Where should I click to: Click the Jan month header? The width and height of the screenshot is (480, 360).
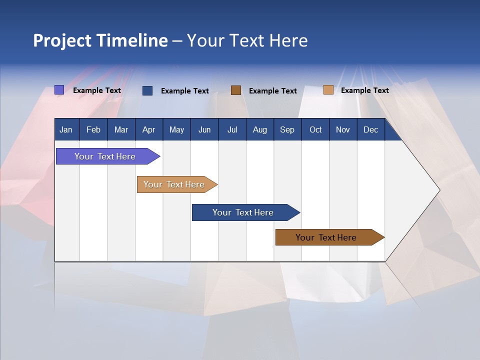pos(66,129)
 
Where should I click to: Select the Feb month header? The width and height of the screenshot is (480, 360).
pos(93,129)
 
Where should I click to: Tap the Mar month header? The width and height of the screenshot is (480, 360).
pos(121,129)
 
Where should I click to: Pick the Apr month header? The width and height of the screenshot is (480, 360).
pos(149,129)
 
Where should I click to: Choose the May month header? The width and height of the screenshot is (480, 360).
pos(176,129)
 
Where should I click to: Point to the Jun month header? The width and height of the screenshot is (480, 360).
pos(204,129)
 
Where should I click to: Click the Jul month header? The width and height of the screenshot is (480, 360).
pos(232,129)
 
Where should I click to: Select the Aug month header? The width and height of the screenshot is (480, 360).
pos(260,129)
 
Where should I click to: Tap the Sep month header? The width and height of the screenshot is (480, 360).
pos(287,129)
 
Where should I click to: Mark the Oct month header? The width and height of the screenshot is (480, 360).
pos(315,129)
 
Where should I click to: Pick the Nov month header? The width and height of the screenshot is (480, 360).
pos(343,129)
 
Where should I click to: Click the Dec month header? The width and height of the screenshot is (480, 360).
pos(371,129)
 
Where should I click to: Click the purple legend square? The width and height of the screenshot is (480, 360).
pos(59,90)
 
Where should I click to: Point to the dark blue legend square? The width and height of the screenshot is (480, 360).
pos(147,90)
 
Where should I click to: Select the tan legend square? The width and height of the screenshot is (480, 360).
pos(328,90)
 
